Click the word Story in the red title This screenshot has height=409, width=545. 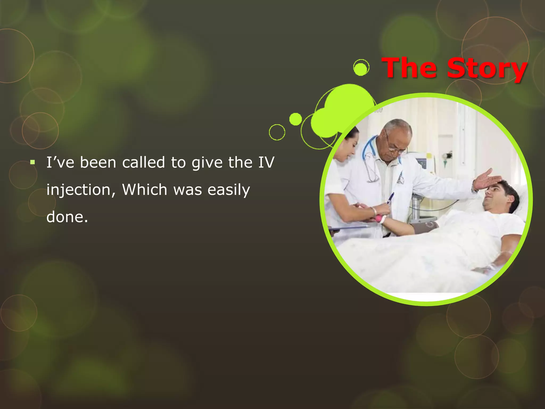pyautogui.click(x=487, y=69)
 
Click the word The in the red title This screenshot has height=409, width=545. pyautogui.click(x=409, y=68)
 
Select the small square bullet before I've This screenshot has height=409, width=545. pyautogui.click(x=32, y=162)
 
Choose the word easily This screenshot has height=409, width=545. pyautogui.click(x=229, y=190)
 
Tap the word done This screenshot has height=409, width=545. pyautogui.click(x=67, y=217)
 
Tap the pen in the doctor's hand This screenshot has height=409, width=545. pyautogui.click(x=390, y=198)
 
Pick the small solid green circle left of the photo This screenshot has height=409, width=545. pyautogui.click(x=295, y=119)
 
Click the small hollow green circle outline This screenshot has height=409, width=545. pyautogui.click(x=277, y=132)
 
